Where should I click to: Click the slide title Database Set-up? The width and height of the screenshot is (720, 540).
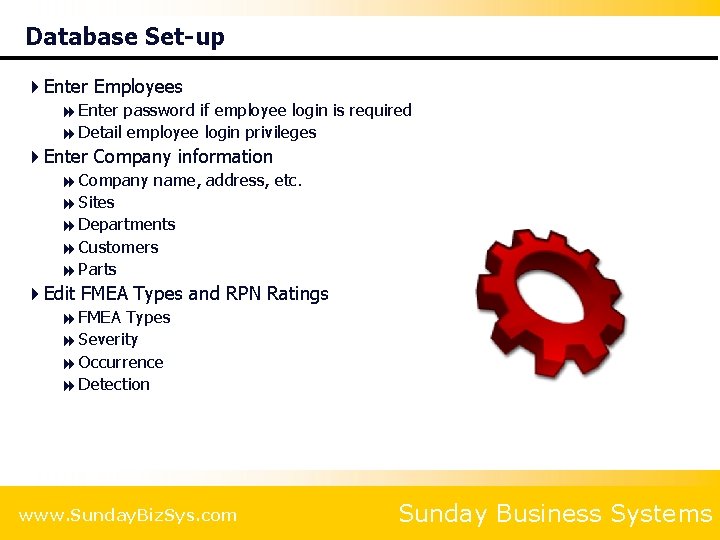pos(125,37)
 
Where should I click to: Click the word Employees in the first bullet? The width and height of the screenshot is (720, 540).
pos(138,87)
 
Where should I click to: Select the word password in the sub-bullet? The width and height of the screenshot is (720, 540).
pos(159,110)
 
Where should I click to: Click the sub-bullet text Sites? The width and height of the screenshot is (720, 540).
pos(96,202)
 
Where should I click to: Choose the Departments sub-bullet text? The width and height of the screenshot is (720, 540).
pos(126,224)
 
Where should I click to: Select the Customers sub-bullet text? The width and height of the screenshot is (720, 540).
pos(118,247)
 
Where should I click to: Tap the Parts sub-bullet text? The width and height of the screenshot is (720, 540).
pos(97,269)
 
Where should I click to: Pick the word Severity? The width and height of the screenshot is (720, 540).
pos(108,340)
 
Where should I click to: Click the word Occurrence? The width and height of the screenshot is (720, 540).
pos(120,362)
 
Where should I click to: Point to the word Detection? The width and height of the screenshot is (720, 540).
pos(114,384)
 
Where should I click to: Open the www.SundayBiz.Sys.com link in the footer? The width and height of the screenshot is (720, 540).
pos(128,516)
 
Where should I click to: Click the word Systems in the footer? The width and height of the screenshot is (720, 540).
pos(660,514)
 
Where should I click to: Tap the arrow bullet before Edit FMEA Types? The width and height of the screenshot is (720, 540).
pos(35,294)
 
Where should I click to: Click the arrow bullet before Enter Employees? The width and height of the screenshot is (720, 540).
pos(35,87)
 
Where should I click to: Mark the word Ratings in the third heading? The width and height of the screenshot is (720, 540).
pos(297,294)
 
